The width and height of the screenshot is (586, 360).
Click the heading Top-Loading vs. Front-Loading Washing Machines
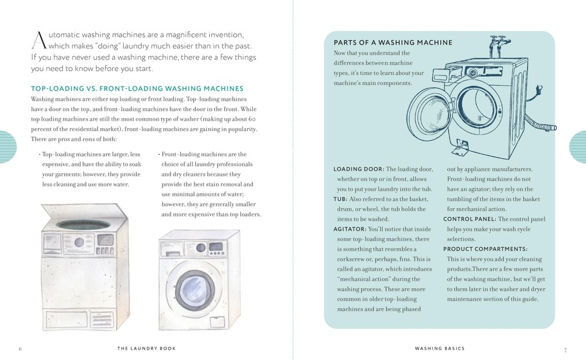(x=137, y=88)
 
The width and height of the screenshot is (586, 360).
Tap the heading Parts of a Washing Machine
(x=392, y=42)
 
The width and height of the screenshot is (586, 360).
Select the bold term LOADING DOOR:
(x=359, y=169)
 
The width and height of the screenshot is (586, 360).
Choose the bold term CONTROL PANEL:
(x=469, y=219)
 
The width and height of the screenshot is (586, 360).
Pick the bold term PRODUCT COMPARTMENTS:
(x=485, y=249)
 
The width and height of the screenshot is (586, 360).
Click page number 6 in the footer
(x=20, y=349)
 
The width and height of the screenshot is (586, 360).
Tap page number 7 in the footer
(x=565, y=350)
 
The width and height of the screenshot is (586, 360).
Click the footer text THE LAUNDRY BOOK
(x=146, y=348)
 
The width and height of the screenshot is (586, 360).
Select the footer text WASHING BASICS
(x=440, y=348)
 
